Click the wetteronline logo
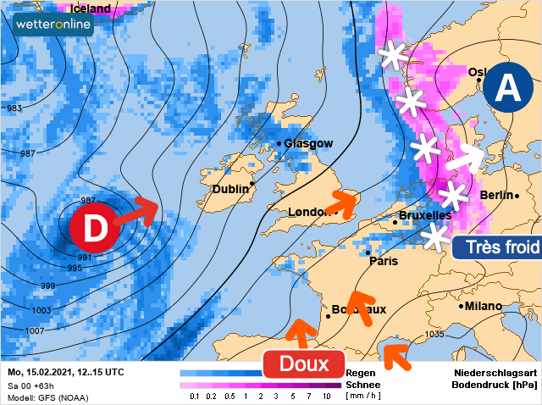tap(53, 25)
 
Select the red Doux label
tap(304, 364)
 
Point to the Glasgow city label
tap(307, 143)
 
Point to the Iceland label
tap(89, 8)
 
